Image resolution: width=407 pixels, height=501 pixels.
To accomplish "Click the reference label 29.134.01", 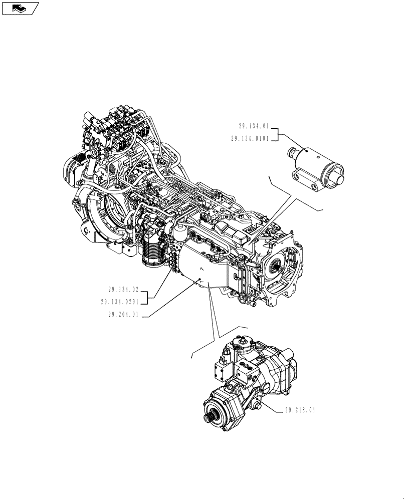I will click(254, 127).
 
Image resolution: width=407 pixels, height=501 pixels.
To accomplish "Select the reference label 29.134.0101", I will click(251, 139).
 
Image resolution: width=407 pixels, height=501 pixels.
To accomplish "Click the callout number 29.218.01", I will click(300, 410).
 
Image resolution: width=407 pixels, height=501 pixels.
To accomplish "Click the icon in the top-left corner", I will click(21, 8).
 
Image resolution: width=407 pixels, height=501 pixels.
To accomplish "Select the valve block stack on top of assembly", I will click(118, 129).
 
